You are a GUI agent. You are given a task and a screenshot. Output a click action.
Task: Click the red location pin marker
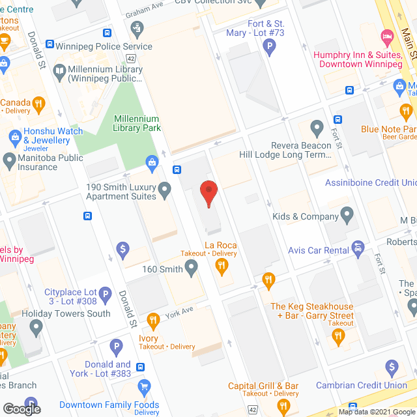click(x=208, y=193)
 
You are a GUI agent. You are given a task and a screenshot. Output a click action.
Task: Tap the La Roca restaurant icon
click(x=222, y=265)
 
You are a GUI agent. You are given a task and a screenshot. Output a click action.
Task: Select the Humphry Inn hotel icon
click(x=387, y=35)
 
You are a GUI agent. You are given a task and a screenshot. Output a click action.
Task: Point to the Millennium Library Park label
click(x=136, y=123)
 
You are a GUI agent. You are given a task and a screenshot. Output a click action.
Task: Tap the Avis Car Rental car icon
click(x=357, y=248)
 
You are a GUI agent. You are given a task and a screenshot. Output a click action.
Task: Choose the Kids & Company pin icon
click(x=347, y=214)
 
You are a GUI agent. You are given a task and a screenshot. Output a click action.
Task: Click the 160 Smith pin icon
click(x=191, y=266)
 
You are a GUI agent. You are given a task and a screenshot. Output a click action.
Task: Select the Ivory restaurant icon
click(x=152, y=320)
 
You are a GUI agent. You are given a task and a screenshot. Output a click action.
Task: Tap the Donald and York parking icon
click(x=115, y=347)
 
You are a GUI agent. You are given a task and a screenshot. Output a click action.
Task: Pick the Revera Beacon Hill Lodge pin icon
click(x=317, y=127)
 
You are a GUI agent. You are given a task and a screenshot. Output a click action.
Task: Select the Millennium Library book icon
click(x=59, y=70)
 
